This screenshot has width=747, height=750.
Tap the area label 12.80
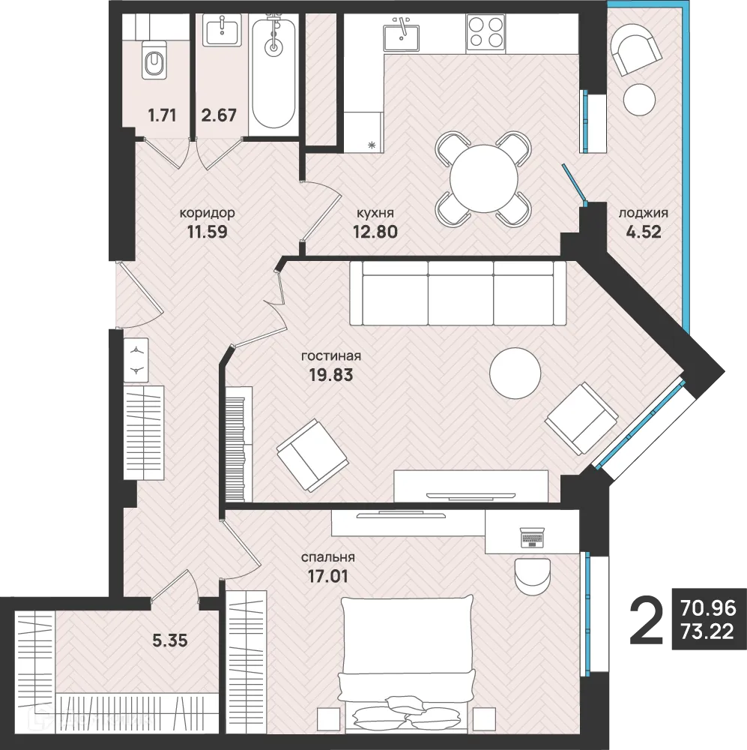point(375,231)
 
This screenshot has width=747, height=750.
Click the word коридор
point(208,213)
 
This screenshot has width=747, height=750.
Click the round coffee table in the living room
point(515,374)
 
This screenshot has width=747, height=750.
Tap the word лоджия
point(643,213)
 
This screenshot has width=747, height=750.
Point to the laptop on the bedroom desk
point(532,537)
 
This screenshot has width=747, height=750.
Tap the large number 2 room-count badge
point(647,620)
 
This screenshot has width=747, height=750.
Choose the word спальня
point(327,558)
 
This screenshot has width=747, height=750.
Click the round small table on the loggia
point(640,99)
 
